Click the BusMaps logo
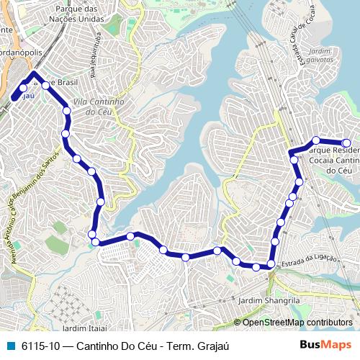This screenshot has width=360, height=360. [325, 345]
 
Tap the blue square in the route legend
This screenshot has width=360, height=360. [12, 345]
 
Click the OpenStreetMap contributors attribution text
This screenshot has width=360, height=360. [297, 323]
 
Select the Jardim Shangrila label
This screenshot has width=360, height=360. [267, 300]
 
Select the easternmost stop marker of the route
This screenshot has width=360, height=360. [346, 143]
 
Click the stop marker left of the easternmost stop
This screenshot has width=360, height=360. [315, 140]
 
